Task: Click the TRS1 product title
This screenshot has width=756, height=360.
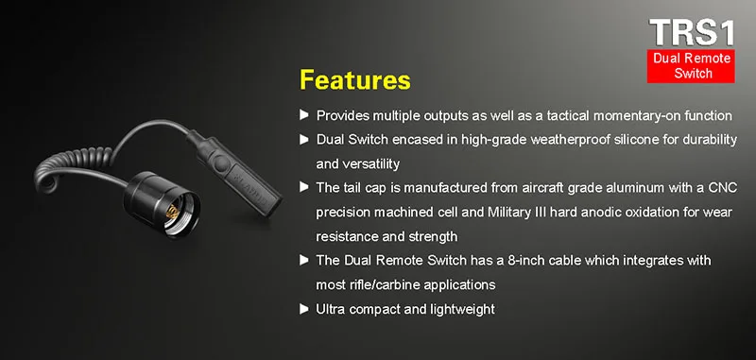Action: click(692, 33)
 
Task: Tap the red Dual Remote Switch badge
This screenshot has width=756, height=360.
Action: click(691, 66)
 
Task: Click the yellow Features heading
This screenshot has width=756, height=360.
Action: click(355, 80)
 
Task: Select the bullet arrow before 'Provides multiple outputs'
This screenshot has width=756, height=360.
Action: click(303, 115)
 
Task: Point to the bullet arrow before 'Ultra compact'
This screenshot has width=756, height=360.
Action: click(303, 309)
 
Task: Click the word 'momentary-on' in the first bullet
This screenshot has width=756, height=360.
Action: click(641, 115)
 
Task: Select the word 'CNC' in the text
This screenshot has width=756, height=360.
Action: click(723, 187)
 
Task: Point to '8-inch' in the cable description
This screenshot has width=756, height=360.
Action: click(526, 261)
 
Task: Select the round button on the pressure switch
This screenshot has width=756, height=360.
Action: click(222, 163)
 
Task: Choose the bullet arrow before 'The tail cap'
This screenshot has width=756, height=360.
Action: click(303, 187)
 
